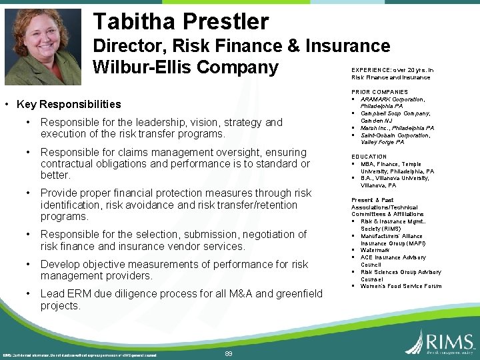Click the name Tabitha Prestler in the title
click(x=181, y=22)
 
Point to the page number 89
click(x=229, y=353)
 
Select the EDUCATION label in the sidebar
click(x=369, y=157)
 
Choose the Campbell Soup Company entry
click(x=395, y=114)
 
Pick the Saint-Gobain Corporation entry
click(x=396, y=135)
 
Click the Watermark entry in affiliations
click(x=375, y=250)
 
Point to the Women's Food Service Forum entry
click(x=401, y=286)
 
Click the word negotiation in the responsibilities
click(x=274, y=234)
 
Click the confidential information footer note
click(x=80, y=355)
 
